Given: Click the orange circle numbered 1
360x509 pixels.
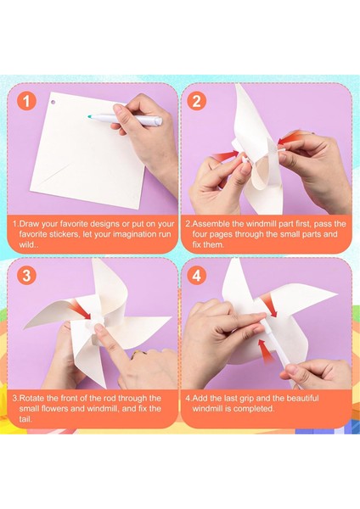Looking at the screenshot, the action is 26,101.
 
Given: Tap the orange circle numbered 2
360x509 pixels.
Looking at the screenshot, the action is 197,101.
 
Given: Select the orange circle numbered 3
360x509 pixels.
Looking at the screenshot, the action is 26,276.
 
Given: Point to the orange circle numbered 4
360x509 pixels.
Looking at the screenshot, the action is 197,276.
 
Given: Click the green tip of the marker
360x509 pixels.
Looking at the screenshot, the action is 90,116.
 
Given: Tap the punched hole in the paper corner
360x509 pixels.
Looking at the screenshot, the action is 53,103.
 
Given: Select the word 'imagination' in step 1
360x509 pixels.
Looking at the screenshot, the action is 131,234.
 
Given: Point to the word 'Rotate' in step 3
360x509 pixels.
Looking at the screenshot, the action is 31,398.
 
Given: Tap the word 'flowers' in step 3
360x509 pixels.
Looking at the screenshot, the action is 55,408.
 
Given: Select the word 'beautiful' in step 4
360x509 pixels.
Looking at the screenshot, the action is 302,398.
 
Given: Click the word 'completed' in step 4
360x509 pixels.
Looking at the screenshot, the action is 253,408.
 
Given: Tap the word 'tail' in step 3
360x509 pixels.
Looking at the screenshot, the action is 25,419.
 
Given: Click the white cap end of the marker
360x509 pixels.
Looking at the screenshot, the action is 158,121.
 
